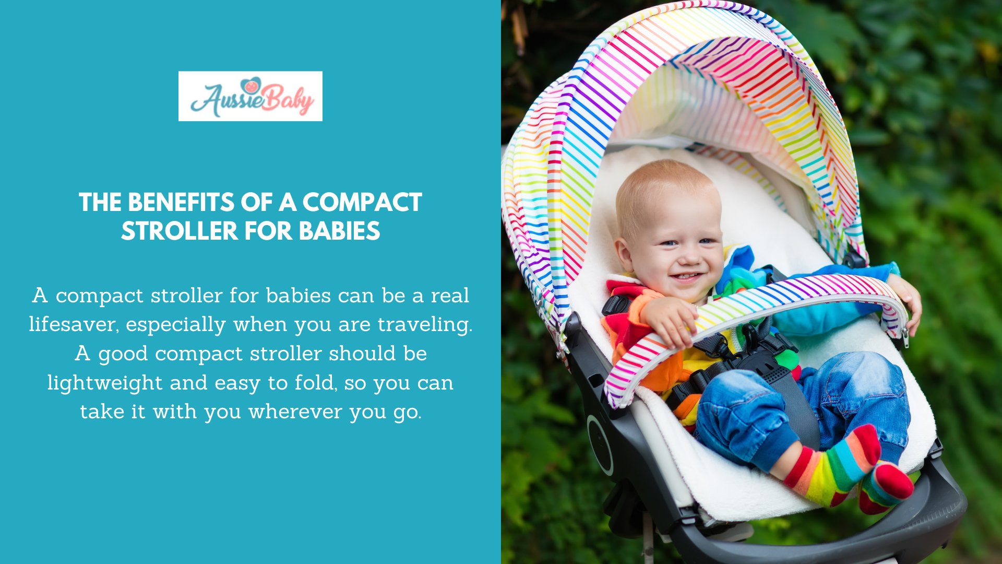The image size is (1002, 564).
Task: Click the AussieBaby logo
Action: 250,96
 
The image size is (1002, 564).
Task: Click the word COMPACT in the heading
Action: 362,203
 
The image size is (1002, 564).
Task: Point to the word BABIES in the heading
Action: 339,231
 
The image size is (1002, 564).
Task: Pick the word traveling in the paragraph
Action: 424,325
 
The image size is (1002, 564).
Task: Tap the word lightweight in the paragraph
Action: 105,383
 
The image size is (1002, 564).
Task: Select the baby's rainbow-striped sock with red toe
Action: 835,465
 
